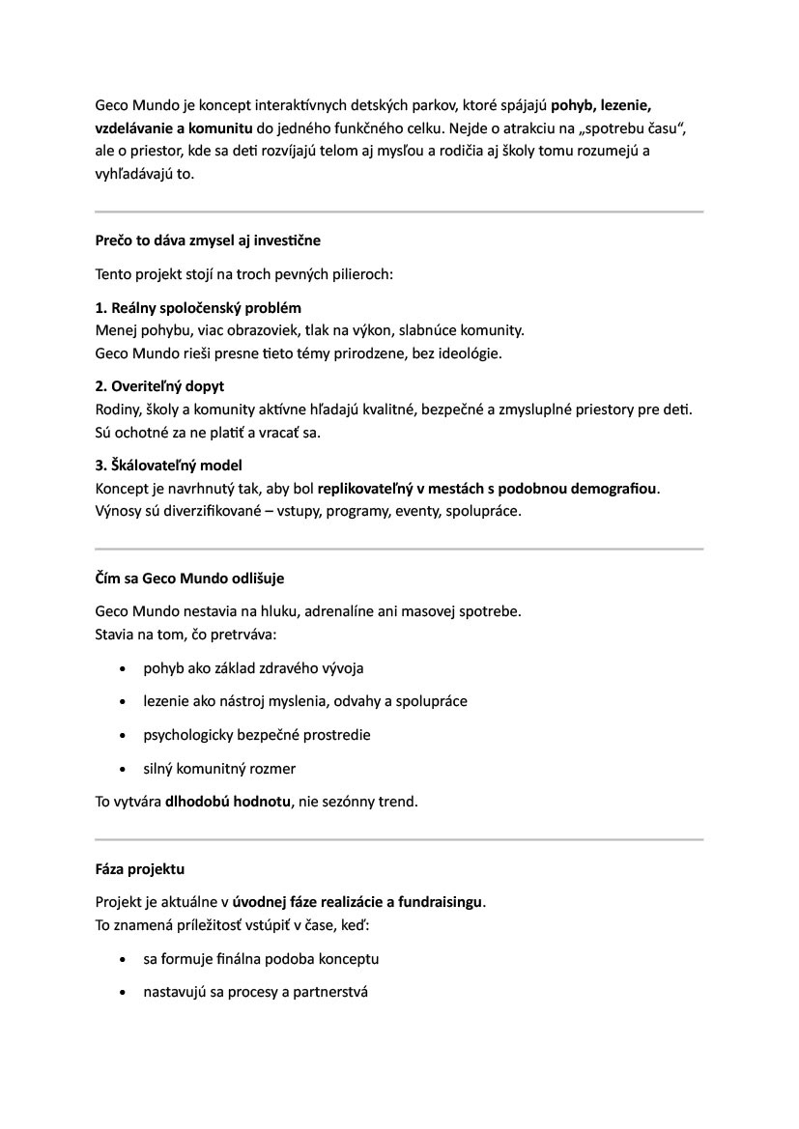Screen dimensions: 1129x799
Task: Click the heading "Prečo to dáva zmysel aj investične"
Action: [x=208, y=240]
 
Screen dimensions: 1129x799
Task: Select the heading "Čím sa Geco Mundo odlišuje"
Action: [x=189, y=579]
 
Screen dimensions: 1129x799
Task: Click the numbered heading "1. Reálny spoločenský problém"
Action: [x=198, y=308]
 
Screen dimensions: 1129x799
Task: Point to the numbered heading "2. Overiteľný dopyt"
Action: [x=159, y=386]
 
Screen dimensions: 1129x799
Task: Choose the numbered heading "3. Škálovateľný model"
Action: [x=168, y=466]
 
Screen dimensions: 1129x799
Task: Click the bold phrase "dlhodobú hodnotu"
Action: [x=228, y=802]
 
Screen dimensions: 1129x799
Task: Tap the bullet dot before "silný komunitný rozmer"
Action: [x=121, y=770]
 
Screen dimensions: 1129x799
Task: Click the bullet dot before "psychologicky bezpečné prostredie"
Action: [x=121, y=736]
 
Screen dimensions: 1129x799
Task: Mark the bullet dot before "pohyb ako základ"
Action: [x=121, y=668]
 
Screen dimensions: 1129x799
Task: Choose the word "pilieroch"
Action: [x=357, y=274]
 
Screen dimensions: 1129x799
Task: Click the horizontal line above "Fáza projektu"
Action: [x=399, y=840]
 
